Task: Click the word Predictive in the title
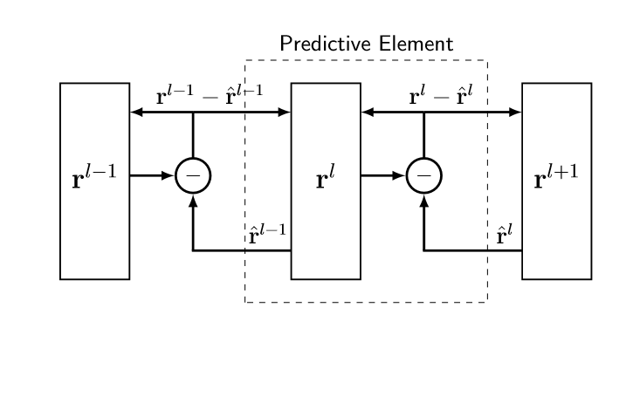[x=326, y=44]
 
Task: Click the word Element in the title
[x=416, y=44]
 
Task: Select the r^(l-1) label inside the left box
[x=94, y=176]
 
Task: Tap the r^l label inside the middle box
[x=326, y=176]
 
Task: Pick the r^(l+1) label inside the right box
[x=556, y=176]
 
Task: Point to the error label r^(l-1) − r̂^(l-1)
[x=210, y=95]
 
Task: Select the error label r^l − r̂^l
[x=440, y=95]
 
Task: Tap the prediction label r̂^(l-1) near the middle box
[x=267, y=234]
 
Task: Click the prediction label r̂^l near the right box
[x=505, y=234]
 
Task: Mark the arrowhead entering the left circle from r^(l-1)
[x=168, y=176]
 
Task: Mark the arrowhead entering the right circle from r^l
[x=399, y=176]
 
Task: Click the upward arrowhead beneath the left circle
[x=193, y=201]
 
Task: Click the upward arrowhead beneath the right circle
[x=423, y=201]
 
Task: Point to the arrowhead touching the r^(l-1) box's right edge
[x=136, y=113]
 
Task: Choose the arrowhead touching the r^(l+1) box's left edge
[x=515, y=113]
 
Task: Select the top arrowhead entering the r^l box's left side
[x=285, y=113]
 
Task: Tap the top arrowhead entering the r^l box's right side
[x=368, y=113]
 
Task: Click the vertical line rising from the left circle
[x=193, y=135]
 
